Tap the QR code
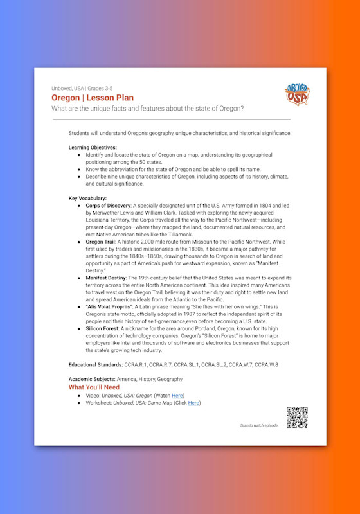(x=297, y=418)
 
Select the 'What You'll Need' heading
(x=99, y=388)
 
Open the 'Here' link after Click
(x=194, y=403)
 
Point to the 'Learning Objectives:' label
(x=93, y=148)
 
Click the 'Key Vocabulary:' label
(x=87, y=199)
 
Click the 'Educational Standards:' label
(x=96, y=364)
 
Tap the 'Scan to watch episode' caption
(x=260, y=425)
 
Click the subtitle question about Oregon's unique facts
(x=156, y=107)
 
